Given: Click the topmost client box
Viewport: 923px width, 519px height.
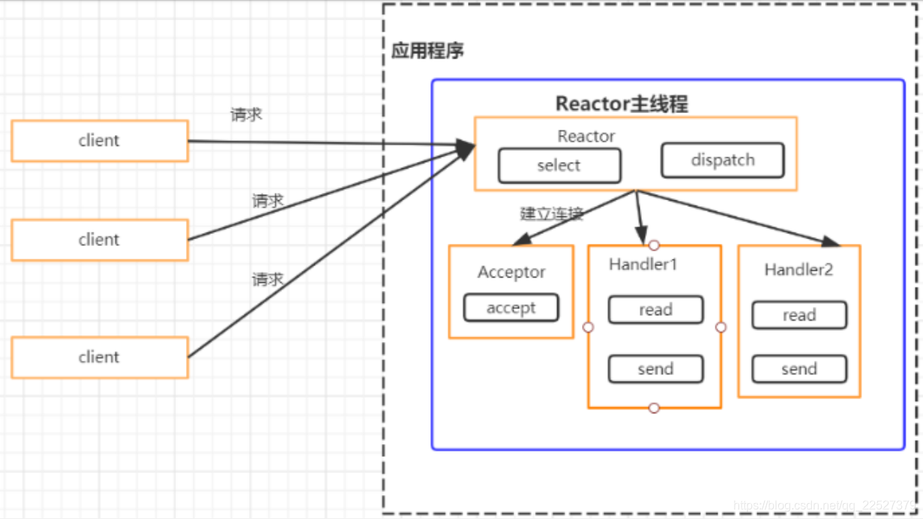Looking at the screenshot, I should (x=99, y=141).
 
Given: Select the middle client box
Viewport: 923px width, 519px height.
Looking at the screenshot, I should (x=99, y=240).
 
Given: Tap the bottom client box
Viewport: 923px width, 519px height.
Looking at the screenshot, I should (x=99, y=357).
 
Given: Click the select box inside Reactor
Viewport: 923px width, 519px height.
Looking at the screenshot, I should (x=559, y=166).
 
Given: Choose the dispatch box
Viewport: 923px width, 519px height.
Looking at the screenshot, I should (x=723, y=160).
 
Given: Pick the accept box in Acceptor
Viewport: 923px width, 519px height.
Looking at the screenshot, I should (x=511, y=307).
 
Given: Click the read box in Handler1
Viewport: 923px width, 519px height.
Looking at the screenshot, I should (x=655, y=310).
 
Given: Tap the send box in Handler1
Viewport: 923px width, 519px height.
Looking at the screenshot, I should (x=655, y=369).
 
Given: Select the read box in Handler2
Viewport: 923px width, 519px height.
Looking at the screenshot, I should (x=799, y=316).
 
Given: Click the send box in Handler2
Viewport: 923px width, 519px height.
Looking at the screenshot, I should (x=799, y=369).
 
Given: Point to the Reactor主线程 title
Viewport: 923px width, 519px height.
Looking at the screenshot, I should (x=621, y=103).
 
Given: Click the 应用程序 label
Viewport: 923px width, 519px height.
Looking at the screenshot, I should (x=427, y=51).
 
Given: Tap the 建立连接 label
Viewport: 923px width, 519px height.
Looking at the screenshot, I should (x=552, y=214).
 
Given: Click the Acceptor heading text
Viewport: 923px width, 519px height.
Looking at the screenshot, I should (x=511, y=272).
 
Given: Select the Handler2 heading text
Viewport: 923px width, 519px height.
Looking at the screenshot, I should (x=799, y=269).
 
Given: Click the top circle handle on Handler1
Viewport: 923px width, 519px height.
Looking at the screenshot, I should (x=654, y=245).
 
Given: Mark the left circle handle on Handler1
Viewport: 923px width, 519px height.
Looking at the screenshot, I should (x=588, y=328).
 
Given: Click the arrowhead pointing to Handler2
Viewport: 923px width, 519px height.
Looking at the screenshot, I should (x=831, y=241).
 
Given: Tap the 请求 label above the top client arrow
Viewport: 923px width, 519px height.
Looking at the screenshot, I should (x=246, y=115).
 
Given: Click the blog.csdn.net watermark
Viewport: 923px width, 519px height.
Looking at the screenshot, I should (x=825, y=507).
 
